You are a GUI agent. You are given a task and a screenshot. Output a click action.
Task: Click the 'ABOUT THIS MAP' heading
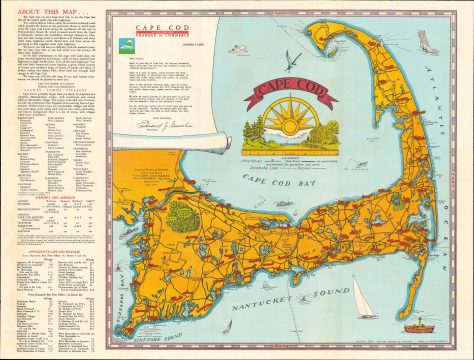(41, 12)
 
